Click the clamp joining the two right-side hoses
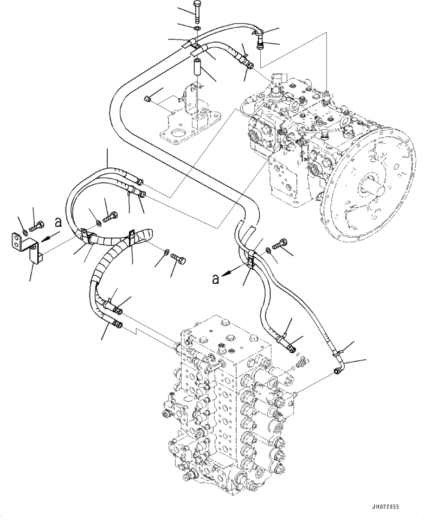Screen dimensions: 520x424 [252, 260]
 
